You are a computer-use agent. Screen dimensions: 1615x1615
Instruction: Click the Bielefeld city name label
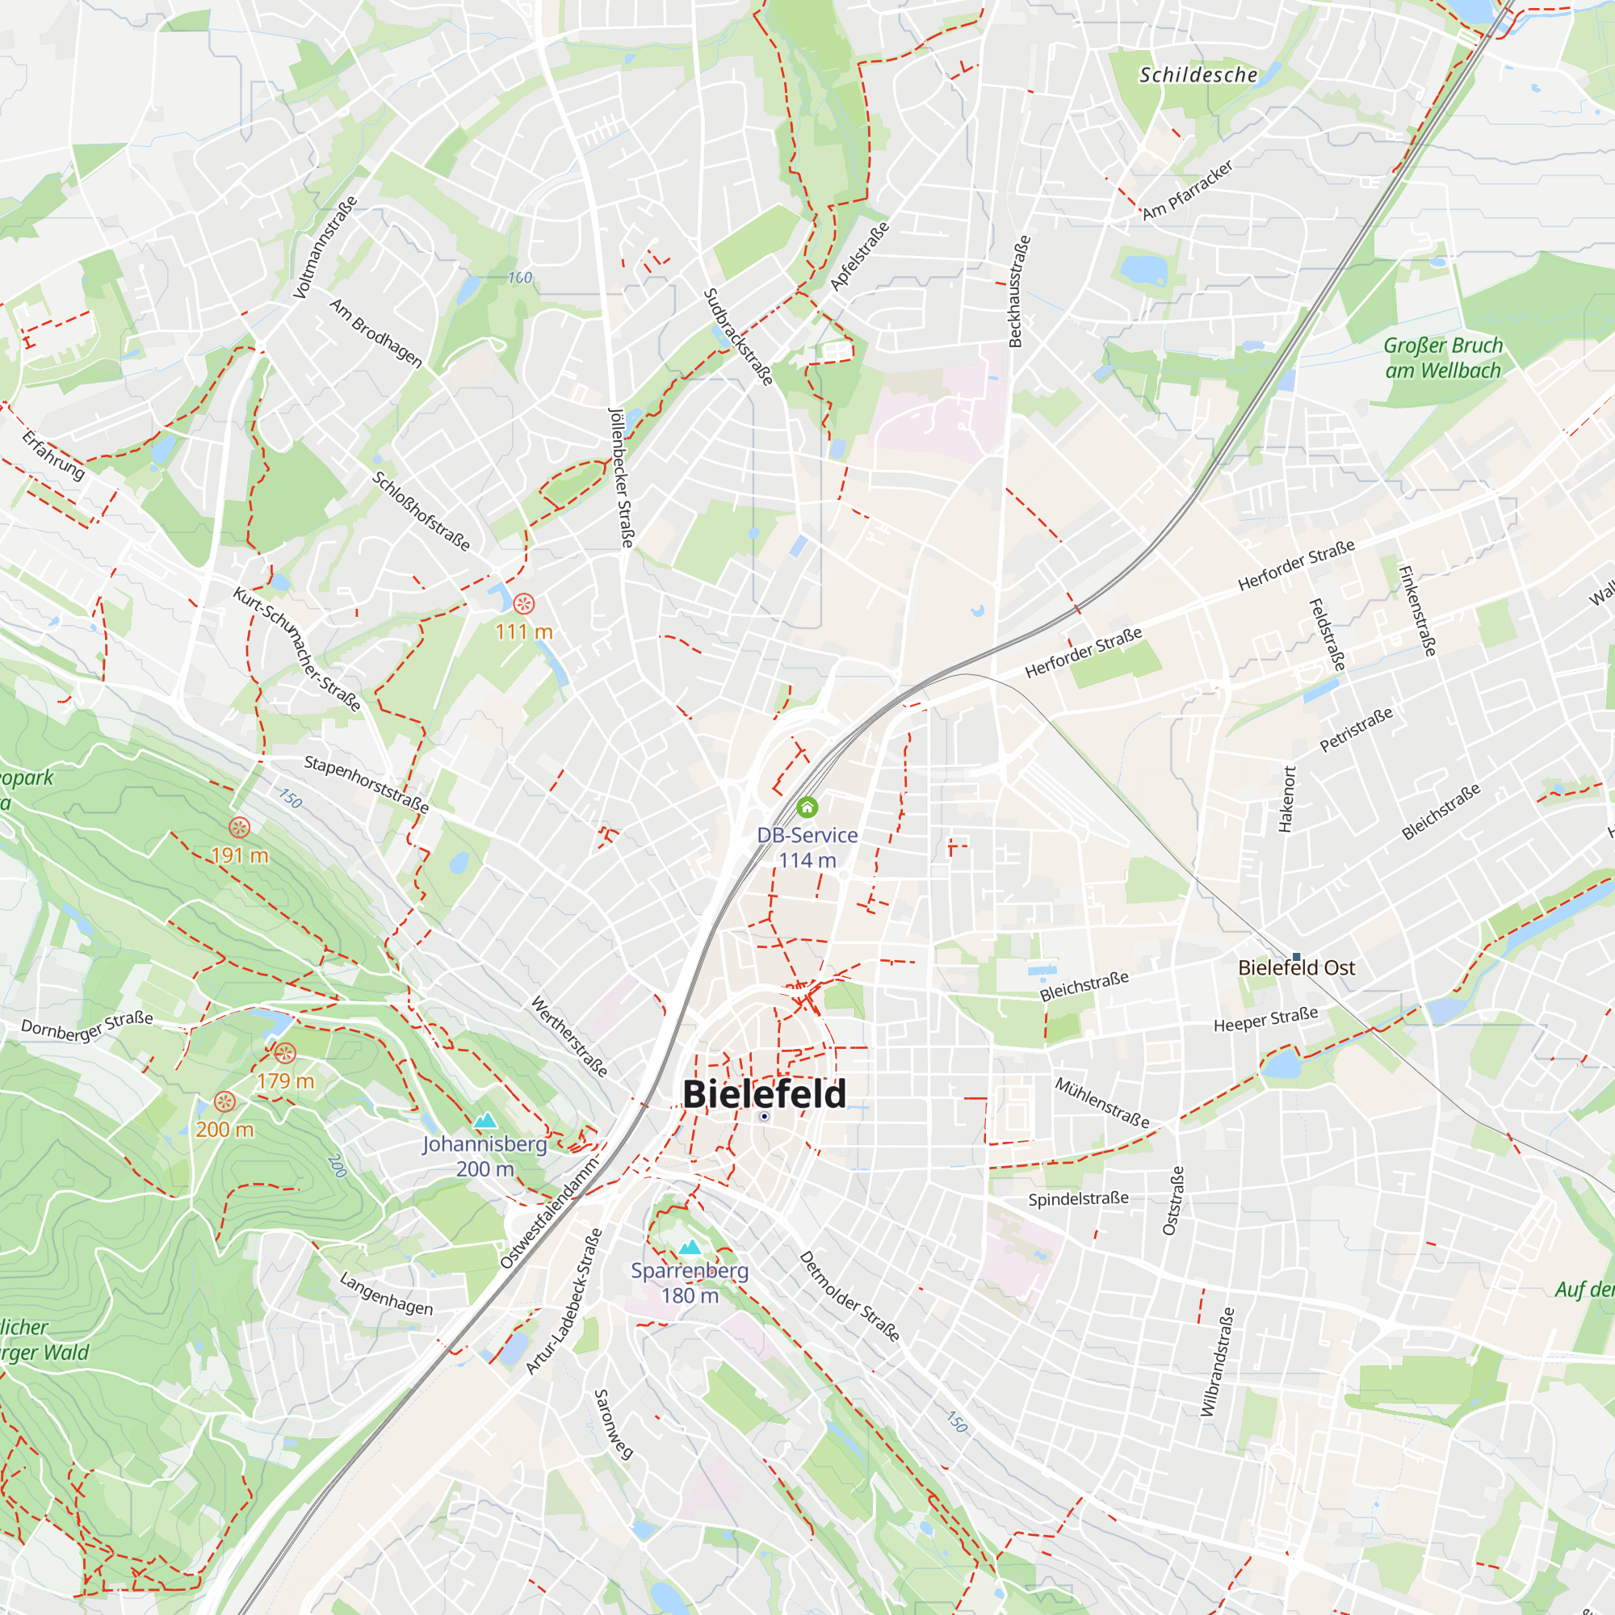click(764, 1094)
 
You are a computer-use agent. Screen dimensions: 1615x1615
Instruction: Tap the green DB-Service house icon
click(807, 807)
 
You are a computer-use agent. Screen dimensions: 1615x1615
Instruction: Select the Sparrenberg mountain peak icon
click(690, 1248)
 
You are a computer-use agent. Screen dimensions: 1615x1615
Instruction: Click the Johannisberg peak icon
click(484, 1121)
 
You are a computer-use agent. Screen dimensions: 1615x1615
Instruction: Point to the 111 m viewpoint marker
click(524, 602)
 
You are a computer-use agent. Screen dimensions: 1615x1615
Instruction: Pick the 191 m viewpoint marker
click(240, 828)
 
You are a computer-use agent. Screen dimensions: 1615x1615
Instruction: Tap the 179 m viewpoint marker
click(285, 1053)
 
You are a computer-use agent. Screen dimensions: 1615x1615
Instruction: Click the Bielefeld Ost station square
click(1297, 956)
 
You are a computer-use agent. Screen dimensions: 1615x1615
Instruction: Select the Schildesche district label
click(1198, 75)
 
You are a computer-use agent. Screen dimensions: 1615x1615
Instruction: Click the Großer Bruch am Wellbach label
click(1443, 358)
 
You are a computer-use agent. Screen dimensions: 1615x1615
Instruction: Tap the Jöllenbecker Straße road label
click(621, 478)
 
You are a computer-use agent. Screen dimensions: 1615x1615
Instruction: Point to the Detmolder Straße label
click(849, 1297)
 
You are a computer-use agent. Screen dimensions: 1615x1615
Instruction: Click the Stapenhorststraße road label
click(366, 784)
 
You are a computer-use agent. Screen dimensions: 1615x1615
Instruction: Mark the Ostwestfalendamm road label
click(549, 1213)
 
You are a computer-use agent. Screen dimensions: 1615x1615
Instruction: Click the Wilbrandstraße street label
click(1217, 1363)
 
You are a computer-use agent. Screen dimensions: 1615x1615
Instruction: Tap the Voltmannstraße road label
click(325, 247)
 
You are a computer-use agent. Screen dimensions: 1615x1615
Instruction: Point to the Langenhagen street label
click(386, 1294)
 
